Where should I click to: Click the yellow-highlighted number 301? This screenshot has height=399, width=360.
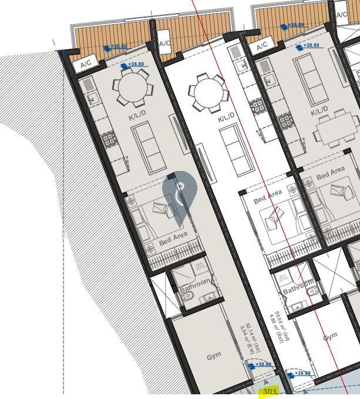(x=270, y=392)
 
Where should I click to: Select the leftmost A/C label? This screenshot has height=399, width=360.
(x=86, y=63)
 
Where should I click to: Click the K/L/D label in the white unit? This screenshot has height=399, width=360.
(x=226, y=118)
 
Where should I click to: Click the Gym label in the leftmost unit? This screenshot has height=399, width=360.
(x=214, y=357)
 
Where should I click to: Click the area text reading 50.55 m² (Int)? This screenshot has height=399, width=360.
(x=285, y=328)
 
